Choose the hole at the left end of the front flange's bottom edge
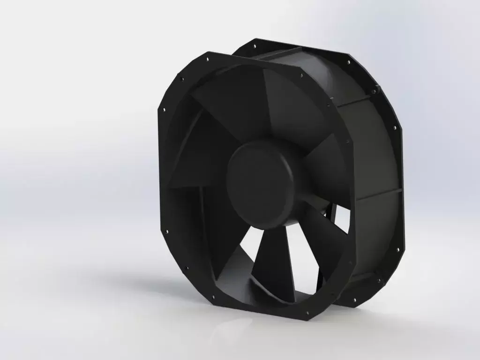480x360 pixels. tap(214, 297)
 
